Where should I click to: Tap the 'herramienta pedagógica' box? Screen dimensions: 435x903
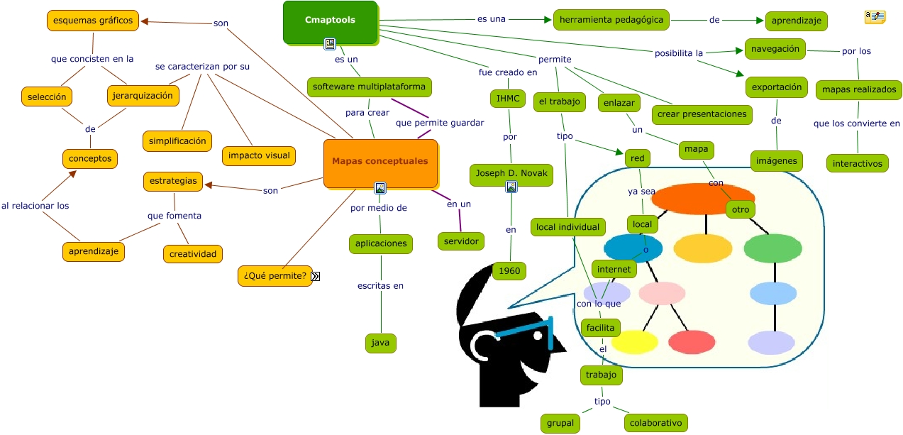pyautogui.click(x=611, y=20)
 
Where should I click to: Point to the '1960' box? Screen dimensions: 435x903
pyautogui.click(x=509, y=270)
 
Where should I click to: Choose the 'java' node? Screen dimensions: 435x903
pyautogui.click(x=381, y=343)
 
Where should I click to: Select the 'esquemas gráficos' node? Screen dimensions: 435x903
pyautogui.click(x=93, y=21)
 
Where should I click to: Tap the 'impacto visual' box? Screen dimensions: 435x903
pyautogui.click(x=259, y=156)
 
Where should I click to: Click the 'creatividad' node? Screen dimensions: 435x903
pyautogui.click(x=192, y=253)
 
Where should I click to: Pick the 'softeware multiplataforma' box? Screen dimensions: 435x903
pyautogui.click(x=370, y=87)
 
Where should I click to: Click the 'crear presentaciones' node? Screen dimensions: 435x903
pyautogui.click(x=702, y=114)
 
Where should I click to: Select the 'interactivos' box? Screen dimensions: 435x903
pyautogui.click(x=858, y=163)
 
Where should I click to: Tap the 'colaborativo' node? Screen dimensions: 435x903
pyautogui.click(x=656, y=423)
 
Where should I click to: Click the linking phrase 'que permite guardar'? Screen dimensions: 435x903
pyautogui.click(x=440, y=123)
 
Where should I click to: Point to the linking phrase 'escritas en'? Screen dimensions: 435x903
pyautogui.click(x=381, y=286)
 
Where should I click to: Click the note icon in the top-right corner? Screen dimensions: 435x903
pyautogui.click(x=875, y=17)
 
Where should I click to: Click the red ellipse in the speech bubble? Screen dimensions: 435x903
pyautogui.click(x=692, y=342)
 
